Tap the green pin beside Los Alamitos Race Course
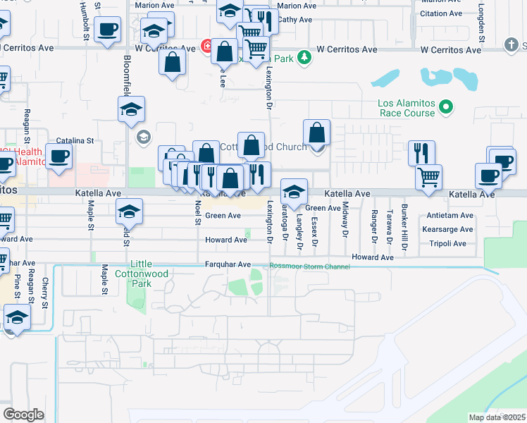click(x=445, y=107)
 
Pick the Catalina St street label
click(x=75, y=141)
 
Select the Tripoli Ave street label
click(x=447, y=244)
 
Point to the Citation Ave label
click(x=441, y=13)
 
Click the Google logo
click(x=23, y=415)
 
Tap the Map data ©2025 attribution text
click(x=497, y=417)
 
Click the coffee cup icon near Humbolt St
click(x=107, y=30)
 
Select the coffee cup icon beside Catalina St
click(x=58, y=156)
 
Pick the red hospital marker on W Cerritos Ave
click(x=207, y=47)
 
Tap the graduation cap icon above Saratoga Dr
click(x=294, y=191)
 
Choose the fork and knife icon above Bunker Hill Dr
click(x=421, y=152)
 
